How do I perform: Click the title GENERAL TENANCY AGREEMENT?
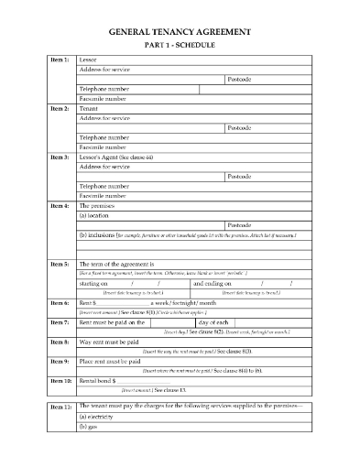coord(180,31)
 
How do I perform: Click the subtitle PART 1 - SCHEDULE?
coord(180,45)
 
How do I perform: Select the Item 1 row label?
coord(58,60)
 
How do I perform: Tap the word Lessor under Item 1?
coord(89,60)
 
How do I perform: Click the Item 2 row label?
coord(58,109)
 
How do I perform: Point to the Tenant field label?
coord(89,109)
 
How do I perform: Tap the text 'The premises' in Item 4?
coord(100,206)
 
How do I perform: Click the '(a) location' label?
coord(98,215)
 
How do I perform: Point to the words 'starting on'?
coord(96,283)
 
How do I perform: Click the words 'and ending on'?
coord(213,283)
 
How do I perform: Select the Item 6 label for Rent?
coord(58,302)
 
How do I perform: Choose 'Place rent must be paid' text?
coord(115,360)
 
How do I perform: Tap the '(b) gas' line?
coord(90,427)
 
